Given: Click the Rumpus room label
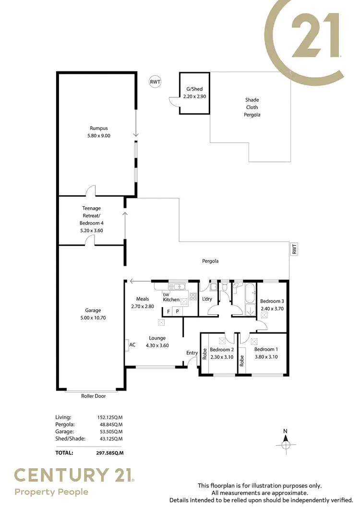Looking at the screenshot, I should [x=98, y=128].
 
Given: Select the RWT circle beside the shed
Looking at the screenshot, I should [x=155, y=82].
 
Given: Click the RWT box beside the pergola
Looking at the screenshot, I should [x=294, y=249].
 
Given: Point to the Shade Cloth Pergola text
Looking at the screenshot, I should [x=252, y=107].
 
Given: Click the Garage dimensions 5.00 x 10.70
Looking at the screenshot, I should [x=93, y=318].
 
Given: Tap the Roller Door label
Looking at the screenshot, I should [x=93, y=396].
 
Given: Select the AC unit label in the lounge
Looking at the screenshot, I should [x=132, y=344].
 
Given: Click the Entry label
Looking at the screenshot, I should [x=192, y=353].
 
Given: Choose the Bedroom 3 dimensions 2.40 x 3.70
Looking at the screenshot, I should [x=272, y=308].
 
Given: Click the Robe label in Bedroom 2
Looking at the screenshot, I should [x=204, y=354].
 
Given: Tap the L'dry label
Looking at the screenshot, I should [x=207, y=299].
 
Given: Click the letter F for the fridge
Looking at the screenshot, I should [x=168, y=311].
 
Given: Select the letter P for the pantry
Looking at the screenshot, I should [x=177, y=311].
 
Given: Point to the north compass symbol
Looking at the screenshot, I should [x=285, y=444].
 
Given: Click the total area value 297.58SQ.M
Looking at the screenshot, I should [x=110, y=452].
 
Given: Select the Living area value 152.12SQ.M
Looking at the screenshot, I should [x=110, y=417].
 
